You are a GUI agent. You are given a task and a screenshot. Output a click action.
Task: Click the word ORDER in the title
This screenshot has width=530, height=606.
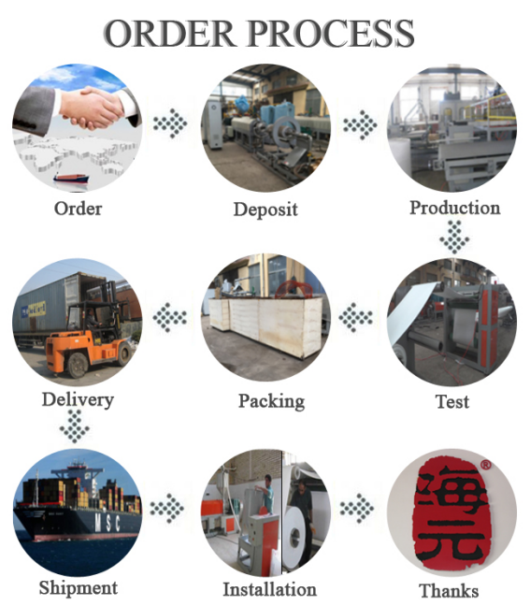click(x=169, y=34)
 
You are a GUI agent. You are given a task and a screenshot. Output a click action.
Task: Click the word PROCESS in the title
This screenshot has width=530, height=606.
click(x=331, y=34)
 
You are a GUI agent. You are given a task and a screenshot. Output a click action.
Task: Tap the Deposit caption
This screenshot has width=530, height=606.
click(x=265, y=209)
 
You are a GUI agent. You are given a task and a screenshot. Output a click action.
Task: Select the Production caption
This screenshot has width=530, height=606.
click(x=454, y=208)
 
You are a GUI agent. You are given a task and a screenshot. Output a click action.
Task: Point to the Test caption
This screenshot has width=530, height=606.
click(x=452, y=401)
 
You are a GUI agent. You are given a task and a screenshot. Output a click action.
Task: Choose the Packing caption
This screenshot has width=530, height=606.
click(x=272, y=401)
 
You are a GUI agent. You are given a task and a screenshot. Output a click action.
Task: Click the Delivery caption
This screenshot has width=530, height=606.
click(x=78, y=399)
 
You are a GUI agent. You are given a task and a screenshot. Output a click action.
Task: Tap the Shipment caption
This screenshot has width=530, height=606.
click(x=78, y=588)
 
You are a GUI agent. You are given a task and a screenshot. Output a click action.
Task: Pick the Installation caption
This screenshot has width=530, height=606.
click(x=269, y=589)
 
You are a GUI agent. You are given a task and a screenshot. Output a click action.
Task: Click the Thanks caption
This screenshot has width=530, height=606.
click(x=449, y=591)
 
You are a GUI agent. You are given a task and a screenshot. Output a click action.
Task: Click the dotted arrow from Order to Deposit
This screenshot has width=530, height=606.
click(x=170, y=123)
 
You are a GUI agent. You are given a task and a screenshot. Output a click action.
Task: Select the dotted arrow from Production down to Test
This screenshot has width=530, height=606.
click(x=454, y=238)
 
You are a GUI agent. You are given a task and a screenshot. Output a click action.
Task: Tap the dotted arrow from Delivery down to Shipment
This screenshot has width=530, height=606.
click(x=75, y=426)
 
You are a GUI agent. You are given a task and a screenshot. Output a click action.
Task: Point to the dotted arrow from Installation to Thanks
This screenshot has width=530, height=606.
click(x=356, y=508)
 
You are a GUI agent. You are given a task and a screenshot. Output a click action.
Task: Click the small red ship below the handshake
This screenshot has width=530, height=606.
click(x=71, y=179)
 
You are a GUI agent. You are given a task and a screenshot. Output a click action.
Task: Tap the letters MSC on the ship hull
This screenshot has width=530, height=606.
click(x=107, y=523)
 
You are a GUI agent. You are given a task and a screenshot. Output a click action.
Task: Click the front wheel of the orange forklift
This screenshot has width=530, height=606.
click(x=78, y=366)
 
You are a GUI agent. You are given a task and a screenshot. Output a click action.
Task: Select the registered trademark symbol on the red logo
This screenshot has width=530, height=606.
click(x=485, y=464)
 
